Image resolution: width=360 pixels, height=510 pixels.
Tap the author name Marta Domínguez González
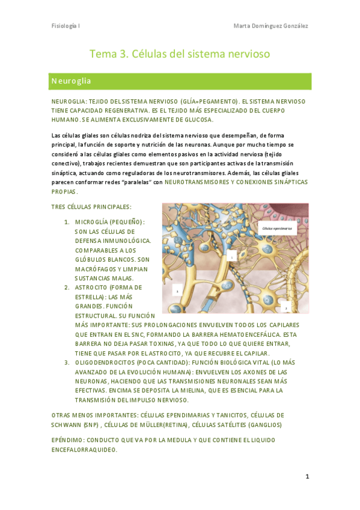(x=270, y=26)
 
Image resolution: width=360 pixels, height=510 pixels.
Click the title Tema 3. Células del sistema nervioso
(x=180, y=54)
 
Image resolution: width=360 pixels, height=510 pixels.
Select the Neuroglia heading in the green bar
(x=71, y=81)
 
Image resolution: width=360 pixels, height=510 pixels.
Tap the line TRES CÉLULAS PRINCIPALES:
(x=91, y=207)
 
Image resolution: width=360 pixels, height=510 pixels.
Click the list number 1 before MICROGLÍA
(x=67, y=222)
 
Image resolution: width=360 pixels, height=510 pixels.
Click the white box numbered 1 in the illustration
(x=231, y=256)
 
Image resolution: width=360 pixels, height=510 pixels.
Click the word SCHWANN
(x=69, y=425)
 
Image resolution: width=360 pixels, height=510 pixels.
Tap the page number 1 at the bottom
(x=307, y=476)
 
